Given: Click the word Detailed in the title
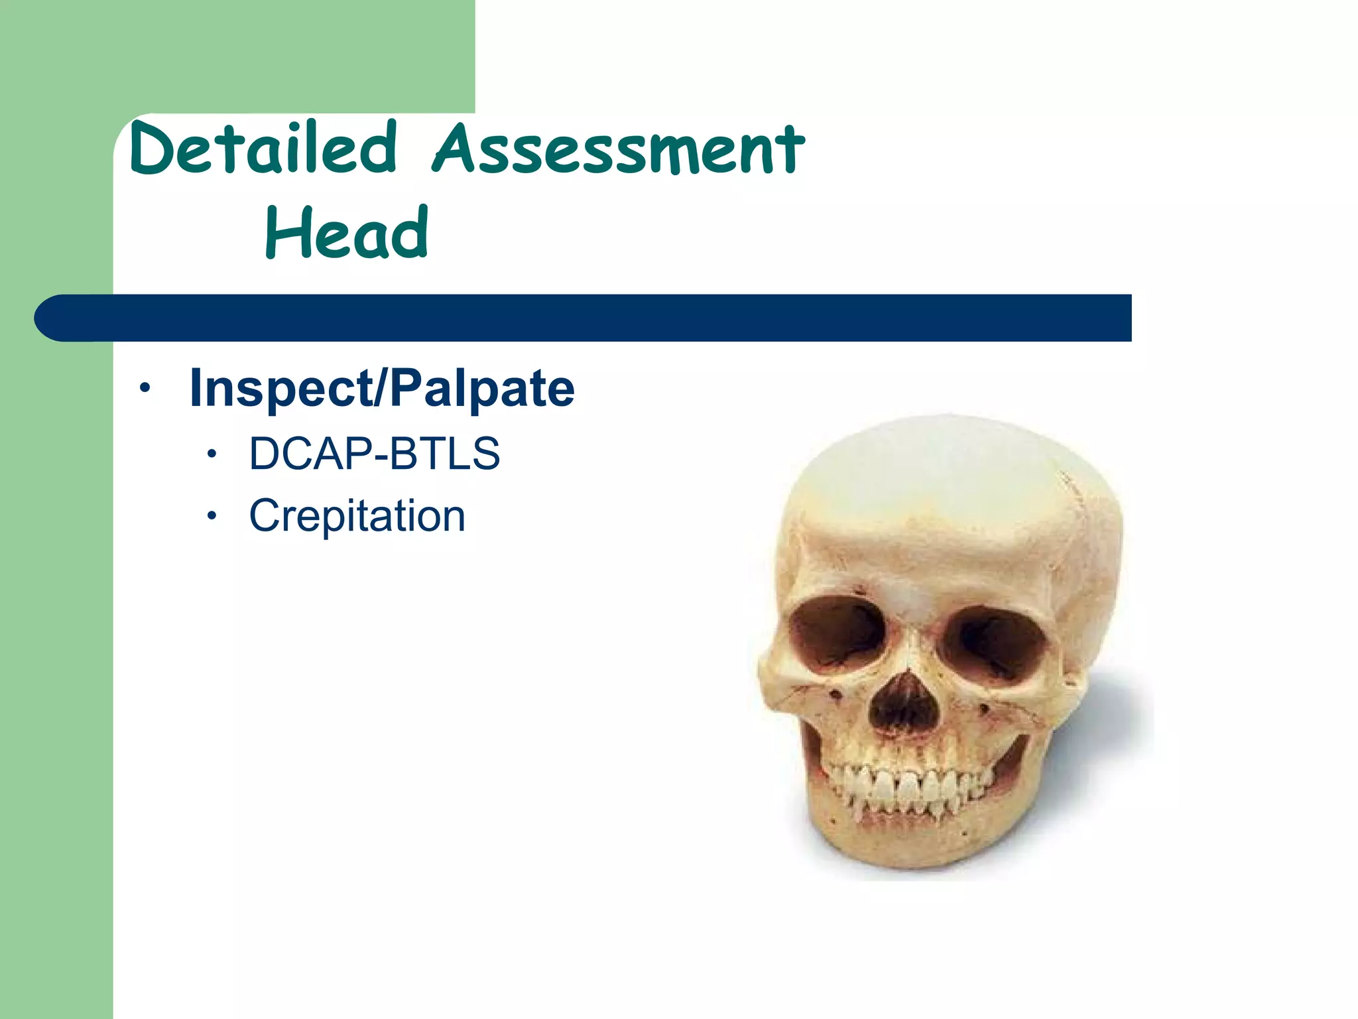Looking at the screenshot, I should point(264,149).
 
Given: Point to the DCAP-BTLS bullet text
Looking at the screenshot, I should point(374,454).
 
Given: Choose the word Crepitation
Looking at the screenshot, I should point(357,515).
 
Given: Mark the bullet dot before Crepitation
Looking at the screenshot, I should point(212,517).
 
